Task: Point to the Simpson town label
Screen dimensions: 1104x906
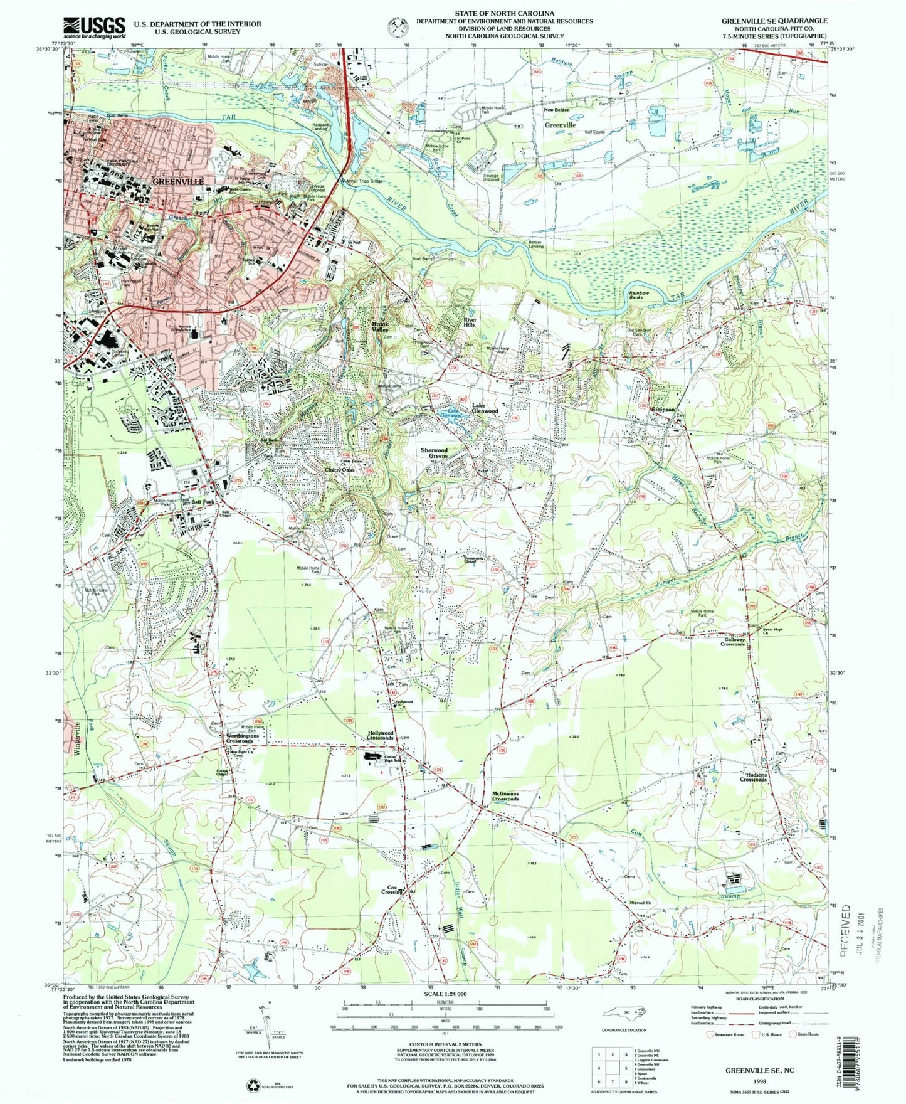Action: tap(663, 410)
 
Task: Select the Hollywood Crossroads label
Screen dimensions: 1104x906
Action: tap(380, 735)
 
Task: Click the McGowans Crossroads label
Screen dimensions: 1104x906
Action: tap(505, 796)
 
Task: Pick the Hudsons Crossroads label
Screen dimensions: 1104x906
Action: tap(753, 777)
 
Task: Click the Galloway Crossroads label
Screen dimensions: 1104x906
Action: tap(732, 642)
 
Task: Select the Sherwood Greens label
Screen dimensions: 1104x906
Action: tap(434, 453)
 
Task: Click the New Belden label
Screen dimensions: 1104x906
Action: tap(557, 110)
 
